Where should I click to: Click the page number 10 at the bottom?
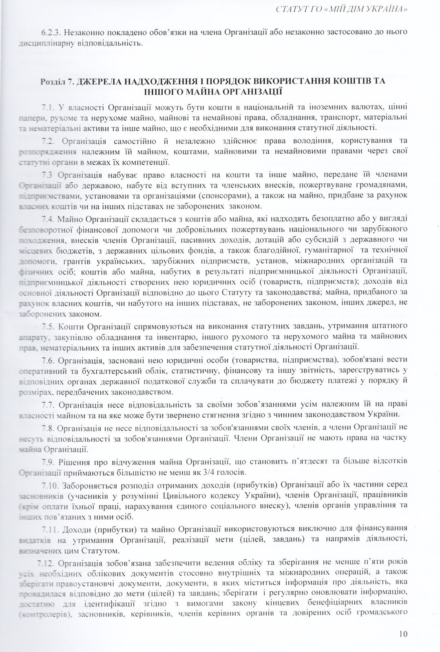coord(403,634)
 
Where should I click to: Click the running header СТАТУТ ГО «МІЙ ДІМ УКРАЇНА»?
coord(343,9)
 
